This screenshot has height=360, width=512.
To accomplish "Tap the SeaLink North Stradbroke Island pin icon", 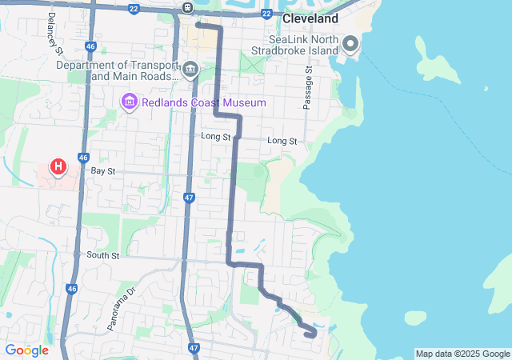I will [x=350, y=43].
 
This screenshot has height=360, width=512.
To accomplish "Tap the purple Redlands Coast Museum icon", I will [x=128, y=102].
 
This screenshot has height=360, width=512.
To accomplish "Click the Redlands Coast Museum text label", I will [x=203, y=102].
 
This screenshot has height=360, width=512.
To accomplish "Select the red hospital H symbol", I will [x=58, y=166].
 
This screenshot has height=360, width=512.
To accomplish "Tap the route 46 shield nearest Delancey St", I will [x=90, y=47].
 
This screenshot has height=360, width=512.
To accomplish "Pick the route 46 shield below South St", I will [x=72, y=289].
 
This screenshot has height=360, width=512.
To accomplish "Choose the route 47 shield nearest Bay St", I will [x=189, y=197].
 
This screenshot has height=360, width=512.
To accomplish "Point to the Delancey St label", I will [x=55, y=33].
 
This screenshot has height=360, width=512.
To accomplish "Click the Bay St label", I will [x=103, y=171].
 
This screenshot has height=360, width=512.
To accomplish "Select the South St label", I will [x=103, y=256].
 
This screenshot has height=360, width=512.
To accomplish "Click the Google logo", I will [x=26, y=350].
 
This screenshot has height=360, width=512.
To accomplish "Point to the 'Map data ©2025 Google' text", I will [x=462, y=354].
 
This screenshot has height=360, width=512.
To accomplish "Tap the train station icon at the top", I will [x=186, y=8].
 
